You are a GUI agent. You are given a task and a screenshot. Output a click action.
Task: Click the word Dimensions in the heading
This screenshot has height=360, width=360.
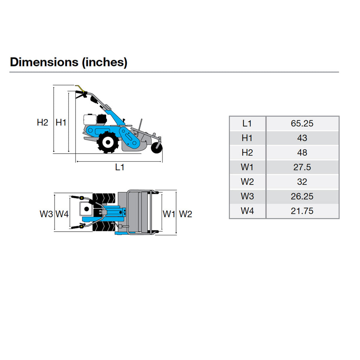[44, 62]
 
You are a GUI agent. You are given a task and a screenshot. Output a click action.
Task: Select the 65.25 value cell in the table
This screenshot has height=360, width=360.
[302, 123]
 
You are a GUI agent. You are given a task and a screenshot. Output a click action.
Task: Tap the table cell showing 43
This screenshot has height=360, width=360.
[302, 138]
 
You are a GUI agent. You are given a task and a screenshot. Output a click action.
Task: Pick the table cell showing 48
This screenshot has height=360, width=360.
[302, 153]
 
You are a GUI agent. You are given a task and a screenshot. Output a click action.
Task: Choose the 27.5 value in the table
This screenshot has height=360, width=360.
[302, 167]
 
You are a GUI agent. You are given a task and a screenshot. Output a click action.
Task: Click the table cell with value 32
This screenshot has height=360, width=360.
[302, 182]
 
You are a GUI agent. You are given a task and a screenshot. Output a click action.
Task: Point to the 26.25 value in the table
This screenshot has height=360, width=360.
[302, 197]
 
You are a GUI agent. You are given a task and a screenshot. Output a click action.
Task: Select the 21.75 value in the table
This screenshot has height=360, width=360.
[302, 211]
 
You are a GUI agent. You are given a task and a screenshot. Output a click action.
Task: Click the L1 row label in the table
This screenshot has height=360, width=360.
[247, 123]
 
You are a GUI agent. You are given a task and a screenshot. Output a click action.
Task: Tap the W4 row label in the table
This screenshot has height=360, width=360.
[247, 211]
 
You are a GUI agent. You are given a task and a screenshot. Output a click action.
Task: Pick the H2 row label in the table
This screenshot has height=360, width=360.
[247, 153]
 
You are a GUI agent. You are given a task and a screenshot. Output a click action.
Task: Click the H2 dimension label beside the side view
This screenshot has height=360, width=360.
[43, 123]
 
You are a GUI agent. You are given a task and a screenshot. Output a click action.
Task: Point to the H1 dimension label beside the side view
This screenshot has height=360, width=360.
[61, 123]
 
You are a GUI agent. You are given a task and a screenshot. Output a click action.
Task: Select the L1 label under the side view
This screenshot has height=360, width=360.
[120, 167]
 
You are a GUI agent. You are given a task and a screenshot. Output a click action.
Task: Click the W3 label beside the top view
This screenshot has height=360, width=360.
[46, 214]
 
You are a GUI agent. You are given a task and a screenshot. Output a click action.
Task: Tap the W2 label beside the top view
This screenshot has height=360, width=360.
[185, 214]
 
